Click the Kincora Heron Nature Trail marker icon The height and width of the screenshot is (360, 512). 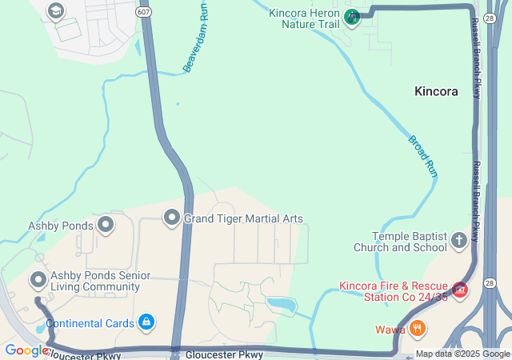coord(351,17)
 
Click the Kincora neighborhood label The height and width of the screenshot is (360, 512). coord(436,91)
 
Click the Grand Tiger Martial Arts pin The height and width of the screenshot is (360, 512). coord(171,218)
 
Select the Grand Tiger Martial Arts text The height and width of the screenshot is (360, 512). coord(243,218)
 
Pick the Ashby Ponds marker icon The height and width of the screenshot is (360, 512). coord(106,226)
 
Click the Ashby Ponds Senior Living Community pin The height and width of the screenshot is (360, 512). coord(38,280)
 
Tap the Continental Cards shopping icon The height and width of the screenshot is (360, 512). coord(146,323)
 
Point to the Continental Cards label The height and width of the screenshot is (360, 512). coord(90,324)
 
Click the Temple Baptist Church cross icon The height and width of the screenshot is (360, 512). coord(458,240)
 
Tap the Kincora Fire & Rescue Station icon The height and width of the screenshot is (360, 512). coord(460,290)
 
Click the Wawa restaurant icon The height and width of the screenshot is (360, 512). coord(416,329)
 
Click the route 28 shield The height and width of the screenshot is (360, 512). coord(490,282)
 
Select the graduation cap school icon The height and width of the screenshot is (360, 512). coord(55,11)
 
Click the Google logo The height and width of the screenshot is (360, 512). coord(26,350)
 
